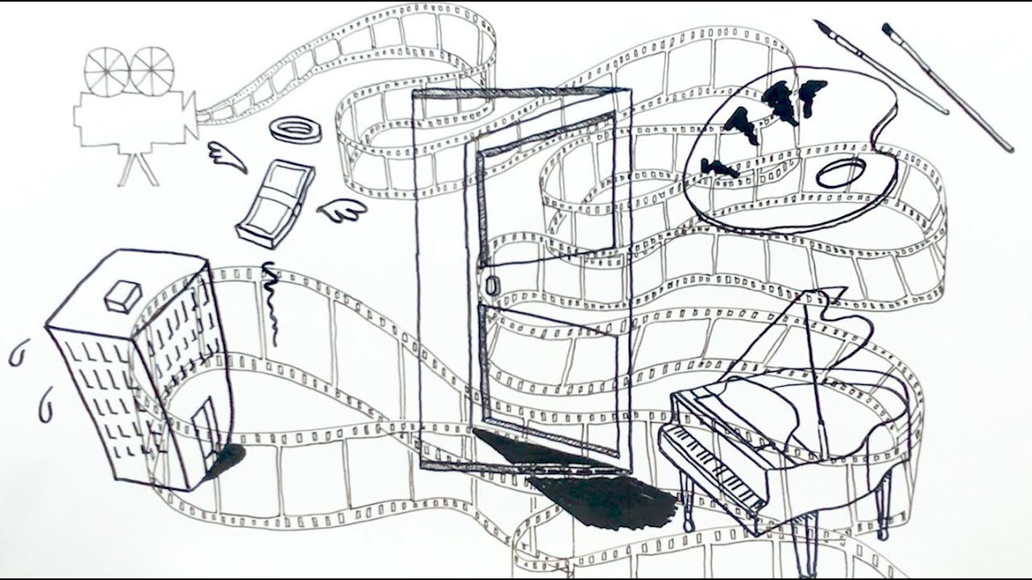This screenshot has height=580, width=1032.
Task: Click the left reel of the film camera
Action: coord(106,70)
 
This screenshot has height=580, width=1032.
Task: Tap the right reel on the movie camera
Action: coord(152,68)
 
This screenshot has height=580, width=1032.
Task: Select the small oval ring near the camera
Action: coord(295,129)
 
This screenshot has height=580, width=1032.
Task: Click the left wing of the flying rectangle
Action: coord(227,156)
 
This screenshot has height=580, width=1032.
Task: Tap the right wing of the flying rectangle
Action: coord(342,211)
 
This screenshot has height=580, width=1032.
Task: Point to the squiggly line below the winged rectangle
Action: coord(273,302)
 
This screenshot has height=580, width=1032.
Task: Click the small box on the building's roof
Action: coord(123,296)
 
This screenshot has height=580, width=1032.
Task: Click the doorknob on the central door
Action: coord(493,284)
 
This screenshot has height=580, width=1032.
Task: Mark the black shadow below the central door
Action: coord(597,491)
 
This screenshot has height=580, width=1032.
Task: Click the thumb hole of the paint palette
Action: coord(841,172)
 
